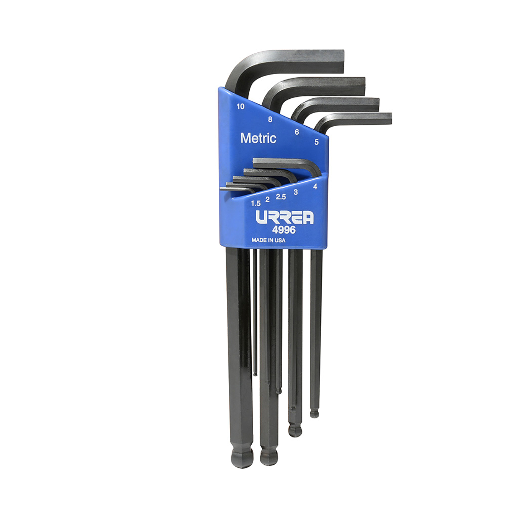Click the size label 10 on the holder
click(240, 106)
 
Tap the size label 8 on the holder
click(270, 119)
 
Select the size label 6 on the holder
click(296, 132)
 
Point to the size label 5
click(316, 142)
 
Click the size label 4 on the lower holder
click(315, 187)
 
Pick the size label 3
click(295, 192)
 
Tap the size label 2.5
click(281, 197)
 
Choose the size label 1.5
click(255, 203)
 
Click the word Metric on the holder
click(258, 138)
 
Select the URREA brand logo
click(285, 217)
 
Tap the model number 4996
click(283, 229)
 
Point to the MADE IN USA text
click(268, 240)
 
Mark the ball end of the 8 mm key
click(268, 457)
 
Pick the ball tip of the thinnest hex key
click(255, 374)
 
